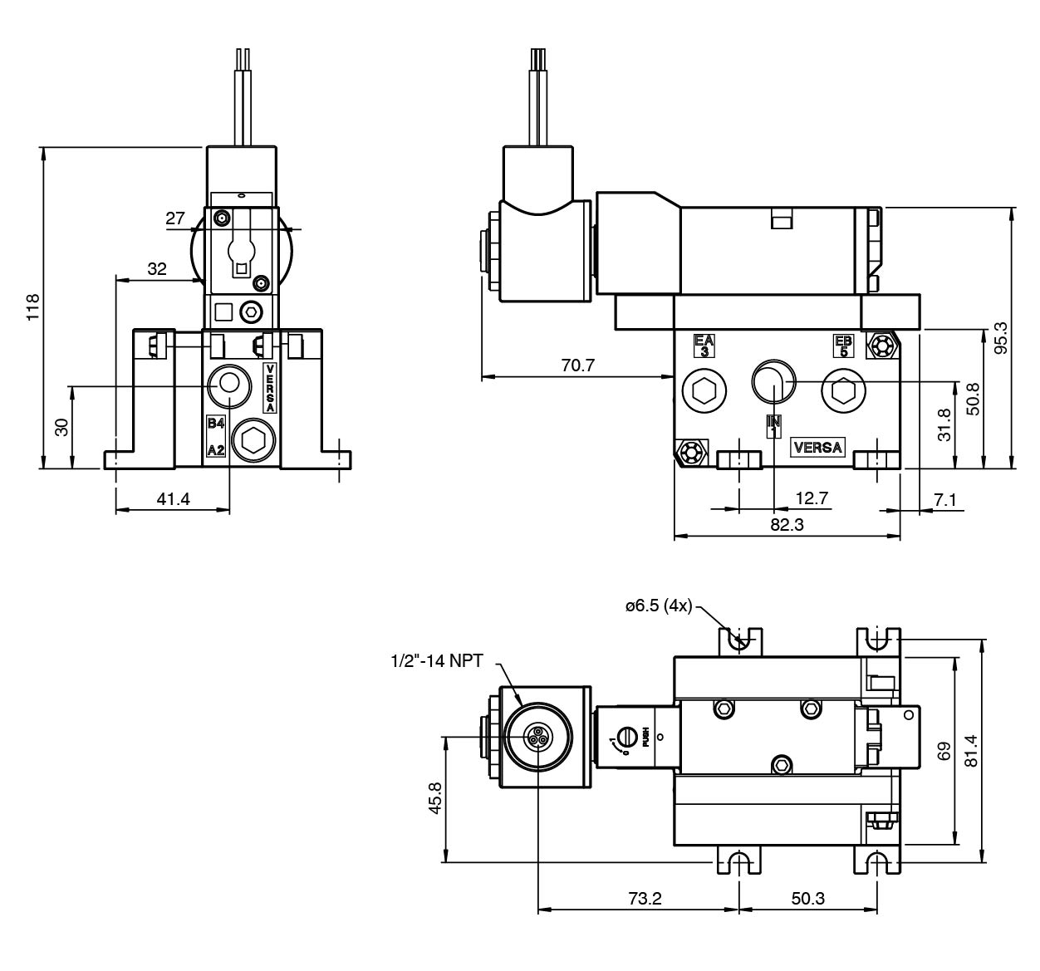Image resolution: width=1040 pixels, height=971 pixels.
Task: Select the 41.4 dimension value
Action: click(x=173, y=498)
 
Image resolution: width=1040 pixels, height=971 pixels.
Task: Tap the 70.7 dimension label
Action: click(x=577, y=364)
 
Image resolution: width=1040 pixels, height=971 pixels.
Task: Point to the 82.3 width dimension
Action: click(x=787, y=525)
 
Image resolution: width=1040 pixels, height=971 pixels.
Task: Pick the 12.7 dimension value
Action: click(x=811, y=498)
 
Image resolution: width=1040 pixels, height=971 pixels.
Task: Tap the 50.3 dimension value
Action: click(x=807, y=899)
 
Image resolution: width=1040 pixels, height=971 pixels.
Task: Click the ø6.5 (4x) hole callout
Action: click(x=658, y=606)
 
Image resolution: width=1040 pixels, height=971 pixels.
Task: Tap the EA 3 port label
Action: click(x=704, y=346)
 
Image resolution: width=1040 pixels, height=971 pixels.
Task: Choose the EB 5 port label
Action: click(x=843, y=346)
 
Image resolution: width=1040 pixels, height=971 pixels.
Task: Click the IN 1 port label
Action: click(x=773, y=426)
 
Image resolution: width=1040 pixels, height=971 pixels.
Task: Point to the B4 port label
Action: click(x=216, y=424)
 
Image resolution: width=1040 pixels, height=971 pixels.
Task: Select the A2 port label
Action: click(x=216, y=449)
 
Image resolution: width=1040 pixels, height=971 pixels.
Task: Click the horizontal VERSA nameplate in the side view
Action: click(x=817, y=448)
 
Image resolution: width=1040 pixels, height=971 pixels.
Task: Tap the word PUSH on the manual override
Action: click(x=645, y=737)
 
